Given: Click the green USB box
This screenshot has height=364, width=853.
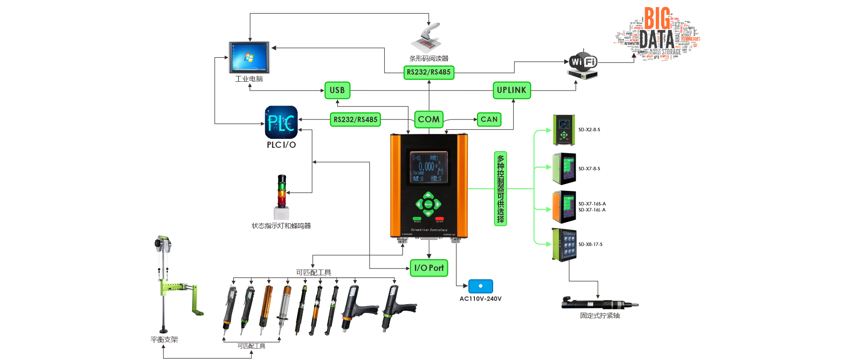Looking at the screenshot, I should tap(337, 90).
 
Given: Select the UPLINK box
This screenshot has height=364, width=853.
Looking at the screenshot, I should tap(511, 90).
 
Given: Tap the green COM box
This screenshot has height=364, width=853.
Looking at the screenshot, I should tap(429, 119).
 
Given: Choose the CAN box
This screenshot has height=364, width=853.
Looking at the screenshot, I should tap(489, 119).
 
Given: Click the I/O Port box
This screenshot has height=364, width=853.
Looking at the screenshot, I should tap(429, 268).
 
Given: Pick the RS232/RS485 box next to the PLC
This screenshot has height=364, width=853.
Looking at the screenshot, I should tap(355, 119).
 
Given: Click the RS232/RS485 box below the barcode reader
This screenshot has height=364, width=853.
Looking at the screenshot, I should tap(429, 72).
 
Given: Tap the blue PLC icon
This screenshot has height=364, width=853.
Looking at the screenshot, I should tap(281, 122).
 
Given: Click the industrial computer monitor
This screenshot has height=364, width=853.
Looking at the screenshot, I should tap(249, 57).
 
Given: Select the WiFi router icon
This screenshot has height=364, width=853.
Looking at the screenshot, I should tap(583, 65).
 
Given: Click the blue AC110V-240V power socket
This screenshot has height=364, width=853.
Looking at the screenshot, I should tap(481, 286).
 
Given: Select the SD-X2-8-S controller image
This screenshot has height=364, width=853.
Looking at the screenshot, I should tap(564, 130).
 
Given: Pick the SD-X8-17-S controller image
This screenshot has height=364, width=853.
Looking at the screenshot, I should tap(565, 245).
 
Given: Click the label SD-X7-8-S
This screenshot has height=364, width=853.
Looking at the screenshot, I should tap(589, 169).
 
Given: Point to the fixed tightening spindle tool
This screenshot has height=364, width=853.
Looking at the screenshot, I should tap(600, 305).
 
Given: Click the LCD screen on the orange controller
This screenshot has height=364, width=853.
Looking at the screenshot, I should tap(428, 167).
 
